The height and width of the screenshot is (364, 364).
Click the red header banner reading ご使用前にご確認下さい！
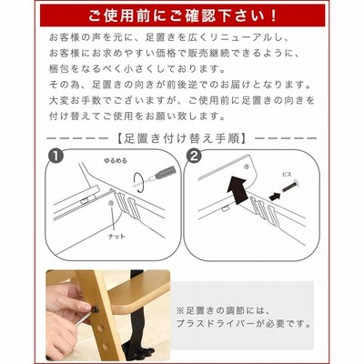182,15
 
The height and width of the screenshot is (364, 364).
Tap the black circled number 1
56,157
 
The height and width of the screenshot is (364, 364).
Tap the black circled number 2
195,157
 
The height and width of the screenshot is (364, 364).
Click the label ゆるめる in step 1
116,160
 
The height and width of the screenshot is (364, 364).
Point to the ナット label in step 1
116,237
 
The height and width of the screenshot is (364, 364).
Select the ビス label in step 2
287,174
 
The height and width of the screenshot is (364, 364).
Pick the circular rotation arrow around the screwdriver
139,182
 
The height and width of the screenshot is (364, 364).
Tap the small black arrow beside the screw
275,197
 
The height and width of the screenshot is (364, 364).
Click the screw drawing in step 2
290,187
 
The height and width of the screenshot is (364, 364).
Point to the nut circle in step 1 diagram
111,203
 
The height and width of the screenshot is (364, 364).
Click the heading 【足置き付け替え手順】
182,138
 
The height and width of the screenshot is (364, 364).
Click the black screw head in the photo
96,309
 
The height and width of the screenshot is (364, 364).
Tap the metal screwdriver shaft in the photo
84,318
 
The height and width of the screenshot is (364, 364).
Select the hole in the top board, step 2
246,167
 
